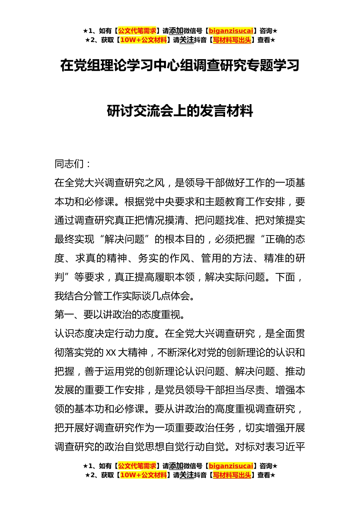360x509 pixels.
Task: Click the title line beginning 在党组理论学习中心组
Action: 180,66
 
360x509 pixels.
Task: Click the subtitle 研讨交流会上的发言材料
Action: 180,111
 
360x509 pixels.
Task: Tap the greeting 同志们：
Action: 73,164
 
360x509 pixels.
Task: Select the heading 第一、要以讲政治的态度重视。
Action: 120,315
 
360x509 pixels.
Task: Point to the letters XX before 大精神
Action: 111,353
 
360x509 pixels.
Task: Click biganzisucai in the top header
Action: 231,31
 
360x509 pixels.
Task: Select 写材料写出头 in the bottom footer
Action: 232,475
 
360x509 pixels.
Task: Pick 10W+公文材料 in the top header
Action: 143,40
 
